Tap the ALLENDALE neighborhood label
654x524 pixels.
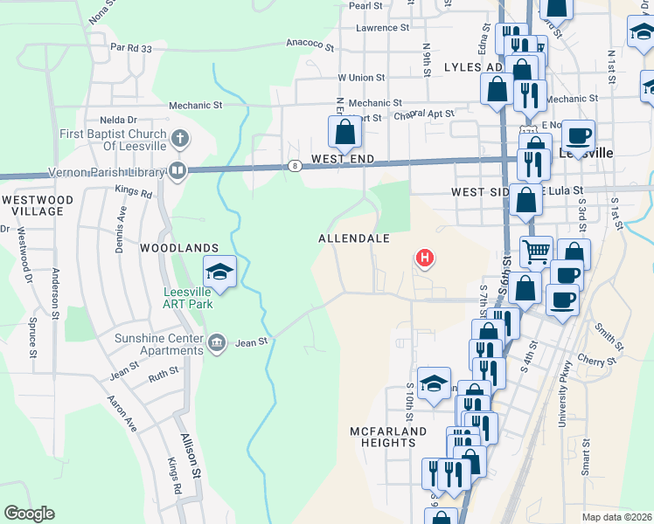(x=353, y=238)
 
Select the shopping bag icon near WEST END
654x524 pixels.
(x=345, y=134)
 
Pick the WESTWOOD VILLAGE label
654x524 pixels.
(x=32, y=205)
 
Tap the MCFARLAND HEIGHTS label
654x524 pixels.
(x=388, y=437)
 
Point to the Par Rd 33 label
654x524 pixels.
(x=131, y=48)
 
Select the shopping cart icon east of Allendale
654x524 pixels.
(x=536, y=252)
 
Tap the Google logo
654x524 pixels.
(x=29, y=513)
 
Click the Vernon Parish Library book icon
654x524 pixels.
(x=177, y=170)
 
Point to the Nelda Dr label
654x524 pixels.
(x=119, y=120)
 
